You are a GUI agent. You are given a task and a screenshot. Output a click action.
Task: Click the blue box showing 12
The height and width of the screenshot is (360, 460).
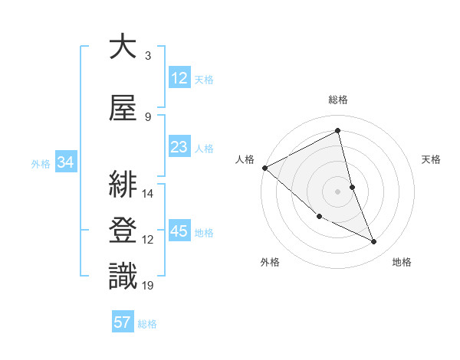click(179, 78)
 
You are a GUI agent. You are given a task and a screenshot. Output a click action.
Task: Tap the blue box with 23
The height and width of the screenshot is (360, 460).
click(179, 148)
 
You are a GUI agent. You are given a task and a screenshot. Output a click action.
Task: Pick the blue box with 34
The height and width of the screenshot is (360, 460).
click(65, 163)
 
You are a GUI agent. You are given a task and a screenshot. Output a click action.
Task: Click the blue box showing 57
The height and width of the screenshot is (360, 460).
click(123, 322)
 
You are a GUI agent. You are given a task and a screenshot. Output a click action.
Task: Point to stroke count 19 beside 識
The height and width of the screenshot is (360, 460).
click(148, 286)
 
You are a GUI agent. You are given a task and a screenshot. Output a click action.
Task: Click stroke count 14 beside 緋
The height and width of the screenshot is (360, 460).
click(148, 193)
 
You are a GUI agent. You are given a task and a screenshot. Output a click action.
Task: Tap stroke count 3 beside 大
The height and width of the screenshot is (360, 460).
click(148, 56)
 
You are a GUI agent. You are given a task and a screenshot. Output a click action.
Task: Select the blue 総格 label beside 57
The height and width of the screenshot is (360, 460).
click(148, 324)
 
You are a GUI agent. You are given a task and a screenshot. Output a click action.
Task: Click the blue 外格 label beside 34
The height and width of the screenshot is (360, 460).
click(41, 164)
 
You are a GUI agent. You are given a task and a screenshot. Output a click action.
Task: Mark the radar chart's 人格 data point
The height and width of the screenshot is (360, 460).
click(264, 168)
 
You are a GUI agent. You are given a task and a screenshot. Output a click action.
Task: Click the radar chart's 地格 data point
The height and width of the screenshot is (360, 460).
click(374, 242)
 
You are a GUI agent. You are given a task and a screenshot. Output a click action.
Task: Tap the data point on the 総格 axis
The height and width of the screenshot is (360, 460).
click(338, 130)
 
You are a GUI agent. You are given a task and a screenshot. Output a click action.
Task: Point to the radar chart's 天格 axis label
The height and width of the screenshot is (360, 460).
click(431, 159)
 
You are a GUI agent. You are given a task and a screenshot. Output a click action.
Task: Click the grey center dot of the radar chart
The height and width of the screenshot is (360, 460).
click(338, 191)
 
